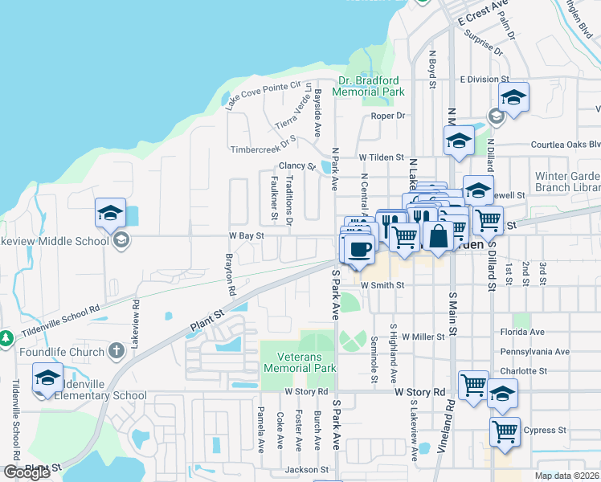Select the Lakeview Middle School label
(x=54, y=240)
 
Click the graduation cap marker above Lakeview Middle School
(x=110, y=214)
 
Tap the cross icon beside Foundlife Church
(x=116, y=351)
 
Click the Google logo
(x=27, y=472)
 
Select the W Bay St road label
(x=246, y=236)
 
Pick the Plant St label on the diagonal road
(x=206, y=318)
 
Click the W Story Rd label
(x=419, y=392)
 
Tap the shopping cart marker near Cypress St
(x=505, y=432)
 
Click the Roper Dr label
(x=387, y=116)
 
